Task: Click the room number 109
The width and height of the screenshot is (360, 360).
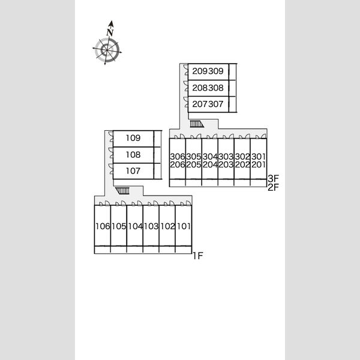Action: pos(133,138)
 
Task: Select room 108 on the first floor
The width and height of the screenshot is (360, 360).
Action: pos(133,155)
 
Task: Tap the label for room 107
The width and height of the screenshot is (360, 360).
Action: pos(133,171)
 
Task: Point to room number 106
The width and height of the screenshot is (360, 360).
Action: pos(103,226)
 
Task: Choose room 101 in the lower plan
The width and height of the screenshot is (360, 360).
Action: pos(184,226)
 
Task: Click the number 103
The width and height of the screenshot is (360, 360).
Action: pos(151,226)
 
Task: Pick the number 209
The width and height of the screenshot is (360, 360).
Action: pos(200,71)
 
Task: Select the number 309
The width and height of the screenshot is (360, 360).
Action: pos(216,71)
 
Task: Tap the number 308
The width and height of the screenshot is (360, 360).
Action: pos(216,88)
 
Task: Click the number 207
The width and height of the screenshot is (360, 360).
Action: pos(200,104)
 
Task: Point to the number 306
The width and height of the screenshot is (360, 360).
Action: pos(178,157)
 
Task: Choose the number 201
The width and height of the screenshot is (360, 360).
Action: pos(259,164)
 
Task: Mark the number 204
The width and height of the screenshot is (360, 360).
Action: pos(210,164)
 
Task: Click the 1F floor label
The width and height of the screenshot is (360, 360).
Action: pos(197,256)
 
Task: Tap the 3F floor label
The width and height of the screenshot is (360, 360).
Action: pos(273,178)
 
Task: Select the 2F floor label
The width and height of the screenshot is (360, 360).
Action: pos(273,188)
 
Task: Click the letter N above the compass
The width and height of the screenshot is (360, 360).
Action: pos(110,32)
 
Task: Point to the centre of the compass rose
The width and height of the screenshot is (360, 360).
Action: pos(107,50)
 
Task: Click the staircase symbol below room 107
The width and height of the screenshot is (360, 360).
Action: pos(122,191)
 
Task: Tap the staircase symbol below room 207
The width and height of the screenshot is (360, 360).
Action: pos(197,124)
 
